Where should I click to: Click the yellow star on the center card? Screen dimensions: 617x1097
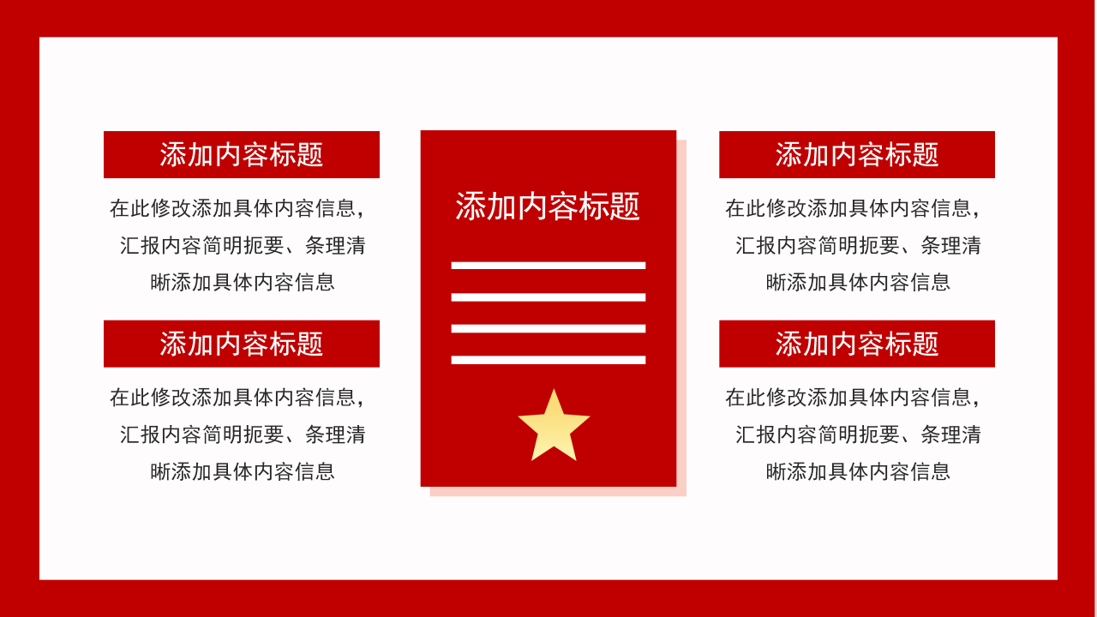pos(554,428)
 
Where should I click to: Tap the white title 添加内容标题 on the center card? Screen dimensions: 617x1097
pos(548,207)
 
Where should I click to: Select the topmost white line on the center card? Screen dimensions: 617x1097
pos(548,266)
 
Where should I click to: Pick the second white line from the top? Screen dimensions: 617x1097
pos(548,297)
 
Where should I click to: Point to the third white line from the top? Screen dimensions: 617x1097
pos(548,328)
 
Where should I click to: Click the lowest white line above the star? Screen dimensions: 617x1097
pos(548,360)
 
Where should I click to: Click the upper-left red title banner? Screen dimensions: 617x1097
pos(241,154)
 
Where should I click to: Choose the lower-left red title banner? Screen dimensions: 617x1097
pos(241,344)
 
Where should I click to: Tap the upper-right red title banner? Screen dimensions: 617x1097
pos(856,154)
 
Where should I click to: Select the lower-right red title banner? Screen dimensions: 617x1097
pos(856,344)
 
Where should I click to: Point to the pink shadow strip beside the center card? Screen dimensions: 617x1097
pos(681,317)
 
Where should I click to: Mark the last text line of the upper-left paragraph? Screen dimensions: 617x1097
pos(243,282)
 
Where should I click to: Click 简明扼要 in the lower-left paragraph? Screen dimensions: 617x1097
pos(243,434)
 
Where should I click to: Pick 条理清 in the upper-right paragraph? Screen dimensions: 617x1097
pos(951,246)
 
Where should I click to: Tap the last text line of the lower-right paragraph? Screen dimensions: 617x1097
pos(858,471)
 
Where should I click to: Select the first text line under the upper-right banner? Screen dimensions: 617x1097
pos(853,208)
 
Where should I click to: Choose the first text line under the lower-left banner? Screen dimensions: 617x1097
pos(237,398)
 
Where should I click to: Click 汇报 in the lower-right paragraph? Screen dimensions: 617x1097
pos(756,434)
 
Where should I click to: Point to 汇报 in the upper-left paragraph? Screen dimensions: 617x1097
pos(141,246)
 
